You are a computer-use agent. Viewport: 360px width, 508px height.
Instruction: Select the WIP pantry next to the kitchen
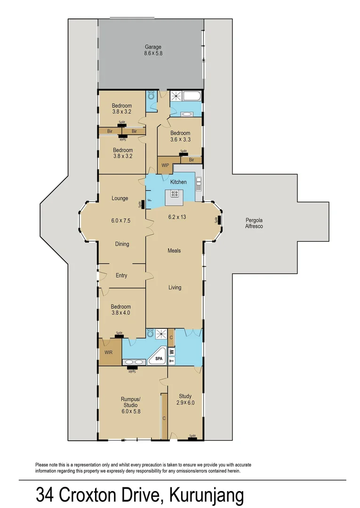[x=165, y=166]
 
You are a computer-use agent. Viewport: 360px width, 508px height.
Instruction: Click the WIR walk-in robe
[x=108, y=352]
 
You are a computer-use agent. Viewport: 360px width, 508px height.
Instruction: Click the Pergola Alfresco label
[x=254, y=223]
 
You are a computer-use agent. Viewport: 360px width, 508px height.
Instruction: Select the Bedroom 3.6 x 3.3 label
[x=180, y=136]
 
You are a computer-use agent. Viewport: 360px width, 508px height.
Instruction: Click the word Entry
[x=121, y=276]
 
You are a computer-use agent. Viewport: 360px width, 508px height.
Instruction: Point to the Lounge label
[x=120, y=198]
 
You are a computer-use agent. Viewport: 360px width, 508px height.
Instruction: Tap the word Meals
[x=174, y=251]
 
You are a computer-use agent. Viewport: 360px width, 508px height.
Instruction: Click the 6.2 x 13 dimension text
[x=178, y=217]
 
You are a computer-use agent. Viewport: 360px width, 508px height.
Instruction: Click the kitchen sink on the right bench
[x=199, y=182]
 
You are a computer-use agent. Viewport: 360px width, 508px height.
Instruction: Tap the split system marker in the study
[x=192, y=437]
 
